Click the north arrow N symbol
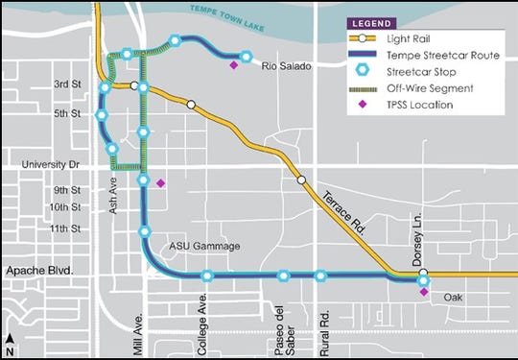point(9,337)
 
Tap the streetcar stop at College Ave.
point(207,276)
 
